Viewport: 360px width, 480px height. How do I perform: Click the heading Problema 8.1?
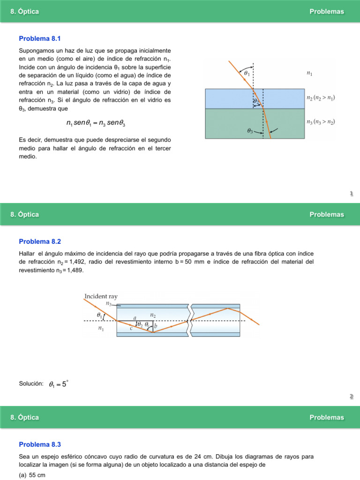[x=40, y=38]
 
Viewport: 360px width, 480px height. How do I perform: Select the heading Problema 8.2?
[x=40, y=241]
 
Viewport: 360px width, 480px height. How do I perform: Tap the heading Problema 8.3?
[x=40, y=444]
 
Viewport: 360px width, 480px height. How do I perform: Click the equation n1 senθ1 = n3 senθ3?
[x=96, y=123]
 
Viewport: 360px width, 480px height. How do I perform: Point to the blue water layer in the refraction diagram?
[x=230, y=99]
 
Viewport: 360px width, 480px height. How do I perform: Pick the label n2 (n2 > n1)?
[x=321, y=98]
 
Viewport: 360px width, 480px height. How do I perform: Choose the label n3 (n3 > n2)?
[x=321, y=122]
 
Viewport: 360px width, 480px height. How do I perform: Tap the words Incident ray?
[x=101, y=296]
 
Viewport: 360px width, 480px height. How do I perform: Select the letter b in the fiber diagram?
[x=156, y=326]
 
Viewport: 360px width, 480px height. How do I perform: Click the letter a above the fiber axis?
[x=135, y=317]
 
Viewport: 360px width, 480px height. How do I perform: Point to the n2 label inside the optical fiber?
[x=153, y=315]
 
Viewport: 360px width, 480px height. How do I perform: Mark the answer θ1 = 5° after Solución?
[x=59, y=384]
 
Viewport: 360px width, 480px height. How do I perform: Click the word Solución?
[x=31, y=384]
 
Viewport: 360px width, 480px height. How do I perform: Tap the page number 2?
[x=351, y=397]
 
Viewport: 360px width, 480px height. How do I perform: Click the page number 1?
[x=351, y=193]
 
